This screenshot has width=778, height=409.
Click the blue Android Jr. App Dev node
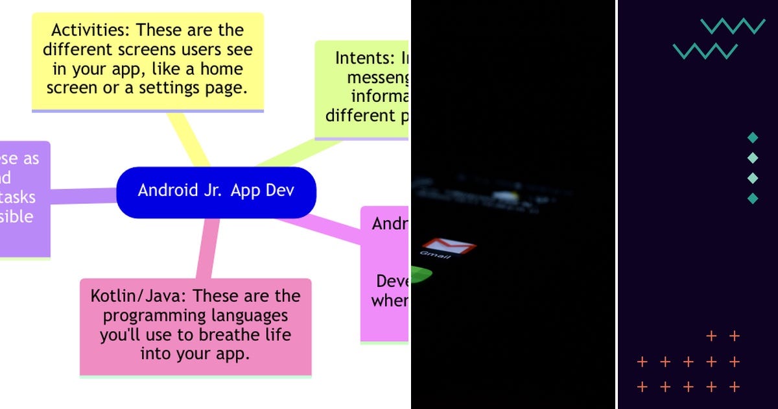pyautogui.click(x=216, y=192)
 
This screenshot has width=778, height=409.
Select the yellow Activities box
pyautogui.click(x=148, y=61)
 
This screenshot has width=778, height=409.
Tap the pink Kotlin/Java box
pyautogui.click(x=195, y=326)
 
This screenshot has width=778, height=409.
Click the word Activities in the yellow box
pyautogui.click(x=85, y=31)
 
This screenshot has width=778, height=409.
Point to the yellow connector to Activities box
pyautogui.click(x=187, y=140)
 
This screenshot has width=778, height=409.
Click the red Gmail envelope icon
pyautogui.click(x=448, y=247)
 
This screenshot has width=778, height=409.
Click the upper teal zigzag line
pyautogui.click(x=733, y=26)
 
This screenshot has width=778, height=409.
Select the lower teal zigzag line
pyautogui.click(x=705, y=51)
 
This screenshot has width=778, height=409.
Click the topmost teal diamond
pyautogui.click(x=753, y=138)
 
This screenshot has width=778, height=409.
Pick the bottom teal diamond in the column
pyautogui.click(x=753, y=198)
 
